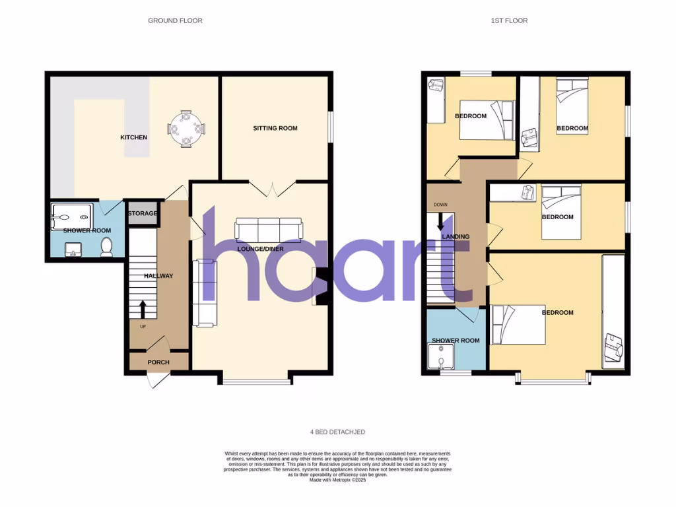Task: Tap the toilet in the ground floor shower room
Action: coord(107,247)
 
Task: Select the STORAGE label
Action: coord(143,213)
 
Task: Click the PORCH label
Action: coord(158,362)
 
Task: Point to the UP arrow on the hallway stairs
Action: coord(144,308)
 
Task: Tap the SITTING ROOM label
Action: coord(275,128)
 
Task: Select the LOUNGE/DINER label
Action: coord(259,250)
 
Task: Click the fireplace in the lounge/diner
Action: coord(321,287)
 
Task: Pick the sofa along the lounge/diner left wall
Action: coord(203,292)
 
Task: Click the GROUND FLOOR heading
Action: coord(175,20)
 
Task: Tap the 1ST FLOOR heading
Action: coord(509,20)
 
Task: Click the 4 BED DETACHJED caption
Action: coord(337,432)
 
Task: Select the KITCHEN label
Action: coord(133,137)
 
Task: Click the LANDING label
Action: coord(456,236)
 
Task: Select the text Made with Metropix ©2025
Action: coord(337,480)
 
